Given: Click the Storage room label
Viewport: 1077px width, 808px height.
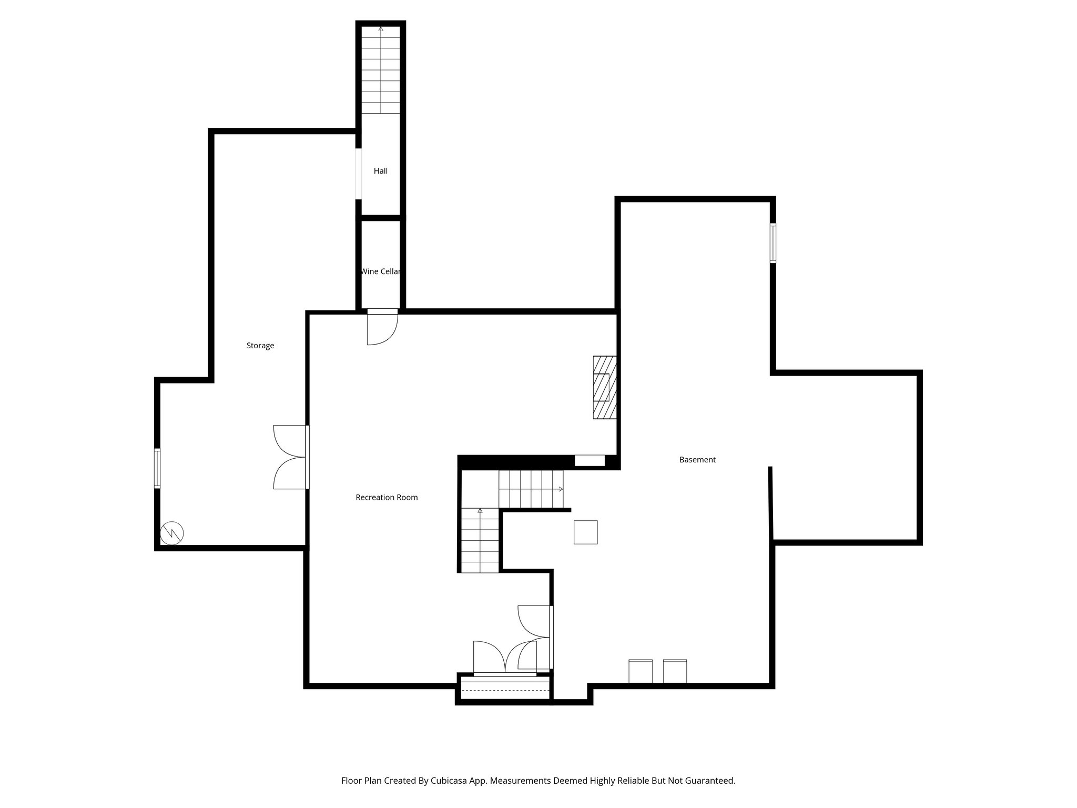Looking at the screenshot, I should pos(260,346).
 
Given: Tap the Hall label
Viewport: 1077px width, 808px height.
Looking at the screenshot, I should pos(380,171).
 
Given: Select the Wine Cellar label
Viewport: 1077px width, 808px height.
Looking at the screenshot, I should pos(380,271).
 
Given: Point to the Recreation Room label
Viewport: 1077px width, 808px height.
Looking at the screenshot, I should pos(387,497).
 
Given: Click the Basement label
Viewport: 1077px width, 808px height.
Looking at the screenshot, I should pos(697,460).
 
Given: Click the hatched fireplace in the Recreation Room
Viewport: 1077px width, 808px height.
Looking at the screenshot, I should pos(604,387).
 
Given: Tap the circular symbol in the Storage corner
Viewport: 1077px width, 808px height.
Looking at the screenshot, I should pos(172,533).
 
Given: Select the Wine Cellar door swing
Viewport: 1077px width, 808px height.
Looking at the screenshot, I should pos(382,328).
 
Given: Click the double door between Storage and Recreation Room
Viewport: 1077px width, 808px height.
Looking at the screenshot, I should pos(290,457).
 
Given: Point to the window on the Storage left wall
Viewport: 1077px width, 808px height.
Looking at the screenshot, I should pos(157,468).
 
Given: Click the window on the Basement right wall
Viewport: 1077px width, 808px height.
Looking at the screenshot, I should pos(773,243).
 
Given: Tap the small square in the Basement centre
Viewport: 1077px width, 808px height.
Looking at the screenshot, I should pos(585,532).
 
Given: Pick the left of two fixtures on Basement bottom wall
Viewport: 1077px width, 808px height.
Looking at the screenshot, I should pos(641,671).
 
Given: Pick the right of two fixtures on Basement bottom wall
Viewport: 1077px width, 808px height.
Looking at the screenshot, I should pos(675,671).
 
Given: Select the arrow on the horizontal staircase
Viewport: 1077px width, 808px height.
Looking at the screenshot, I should pos(561,489).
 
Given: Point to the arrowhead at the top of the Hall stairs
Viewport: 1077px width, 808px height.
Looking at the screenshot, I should pos(381,28).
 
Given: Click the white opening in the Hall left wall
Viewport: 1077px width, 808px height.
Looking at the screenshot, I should pos(358,174).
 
